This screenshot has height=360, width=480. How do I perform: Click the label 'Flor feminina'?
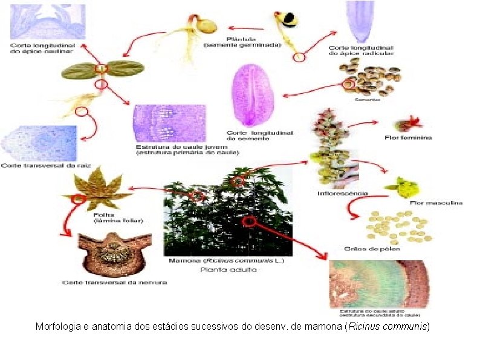pos(408,137)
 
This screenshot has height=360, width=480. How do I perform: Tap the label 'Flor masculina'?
pos(436,202)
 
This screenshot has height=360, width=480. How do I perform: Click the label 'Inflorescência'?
pos(343,194)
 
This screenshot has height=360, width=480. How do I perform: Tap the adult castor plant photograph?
pos(228,211)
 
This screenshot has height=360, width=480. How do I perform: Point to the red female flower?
pos(404,125)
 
